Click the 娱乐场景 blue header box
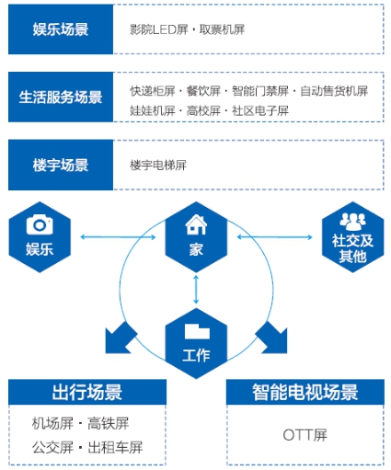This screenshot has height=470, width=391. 61,29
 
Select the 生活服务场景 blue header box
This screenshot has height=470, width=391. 61,97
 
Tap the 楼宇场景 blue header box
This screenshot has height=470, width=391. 61,165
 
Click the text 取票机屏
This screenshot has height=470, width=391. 222,29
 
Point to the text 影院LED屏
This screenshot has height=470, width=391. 159,29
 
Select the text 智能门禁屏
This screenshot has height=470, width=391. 260,91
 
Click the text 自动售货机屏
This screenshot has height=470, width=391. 334,91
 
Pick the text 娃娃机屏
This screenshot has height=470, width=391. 153,110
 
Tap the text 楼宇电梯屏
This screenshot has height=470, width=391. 158,166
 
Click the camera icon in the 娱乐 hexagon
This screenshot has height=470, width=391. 40,224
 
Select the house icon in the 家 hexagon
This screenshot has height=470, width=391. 196,224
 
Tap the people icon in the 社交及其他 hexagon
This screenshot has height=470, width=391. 352,222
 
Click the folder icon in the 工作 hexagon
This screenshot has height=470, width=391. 197,331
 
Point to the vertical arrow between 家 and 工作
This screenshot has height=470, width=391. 196,290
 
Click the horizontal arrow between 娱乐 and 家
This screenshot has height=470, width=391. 118,237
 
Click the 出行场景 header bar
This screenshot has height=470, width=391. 87,392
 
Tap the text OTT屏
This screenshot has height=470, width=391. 305,435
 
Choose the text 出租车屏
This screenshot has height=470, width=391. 115,448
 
